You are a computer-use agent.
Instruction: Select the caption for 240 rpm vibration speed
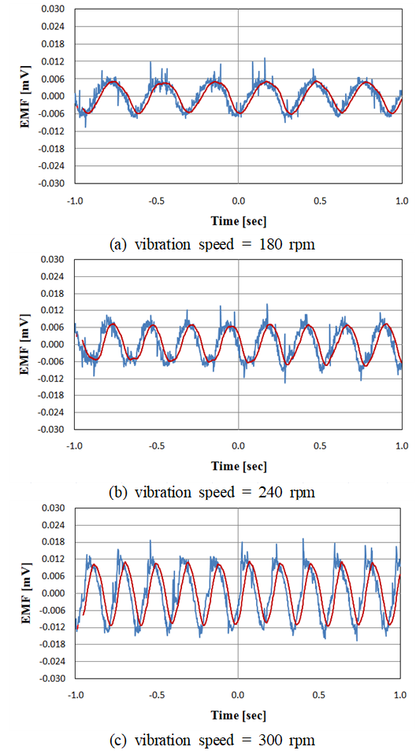tap(213, 493)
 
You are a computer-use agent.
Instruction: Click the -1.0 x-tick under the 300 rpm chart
tap(74, 695)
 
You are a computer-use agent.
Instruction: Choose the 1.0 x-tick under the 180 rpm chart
tap(401, 200)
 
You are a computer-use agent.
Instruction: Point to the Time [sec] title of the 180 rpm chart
tap(238, 220)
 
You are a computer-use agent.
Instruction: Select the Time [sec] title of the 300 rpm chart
tap(238, 715)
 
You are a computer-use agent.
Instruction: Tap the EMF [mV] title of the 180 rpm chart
tap(24, 96)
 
